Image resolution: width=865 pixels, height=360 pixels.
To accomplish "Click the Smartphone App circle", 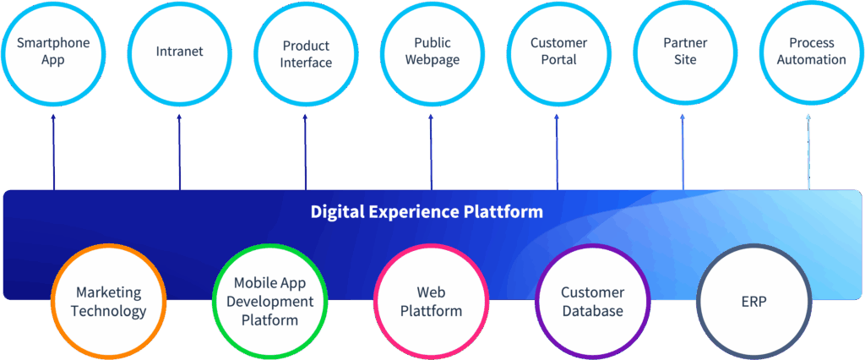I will (x=53, y=52).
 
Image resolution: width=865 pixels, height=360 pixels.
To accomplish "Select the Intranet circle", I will (x=180, y=52).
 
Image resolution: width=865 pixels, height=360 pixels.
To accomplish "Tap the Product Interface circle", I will (x=306, y=54).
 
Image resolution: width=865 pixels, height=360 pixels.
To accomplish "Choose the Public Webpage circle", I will (x=432, y=52).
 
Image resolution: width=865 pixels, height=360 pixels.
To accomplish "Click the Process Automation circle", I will (x=811, y=52).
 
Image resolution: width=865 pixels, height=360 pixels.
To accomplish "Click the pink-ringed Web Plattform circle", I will (x=432, y=302).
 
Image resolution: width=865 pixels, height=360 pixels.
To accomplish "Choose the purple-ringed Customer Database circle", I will (x=593, y=302).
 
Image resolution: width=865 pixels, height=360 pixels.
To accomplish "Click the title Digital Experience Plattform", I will (x=427, y=211).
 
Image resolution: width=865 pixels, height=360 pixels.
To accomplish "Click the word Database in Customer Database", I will (x=593, y=311).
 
